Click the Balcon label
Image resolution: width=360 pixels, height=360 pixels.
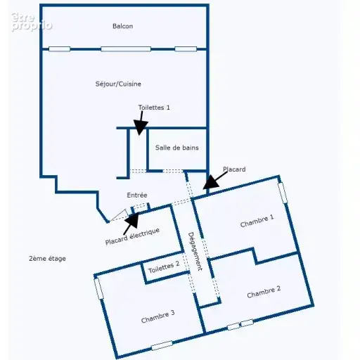(x=122, y=26)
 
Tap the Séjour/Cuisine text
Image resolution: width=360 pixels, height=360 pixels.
(x=118, y=84)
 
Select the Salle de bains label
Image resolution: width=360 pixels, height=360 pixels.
(x=177, y=148)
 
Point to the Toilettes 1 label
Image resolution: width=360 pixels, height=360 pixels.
(x=154, y=108)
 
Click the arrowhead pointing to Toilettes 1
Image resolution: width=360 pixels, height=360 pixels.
(x=141, y=127)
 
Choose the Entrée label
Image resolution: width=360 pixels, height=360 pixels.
(x=137, y=195)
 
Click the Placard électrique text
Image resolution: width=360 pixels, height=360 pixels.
(x=132, y=236)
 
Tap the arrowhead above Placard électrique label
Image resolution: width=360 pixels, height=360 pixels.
(x=132, y=220)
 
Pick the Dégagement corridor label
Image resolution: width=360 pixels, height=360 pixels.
(x=195, y=252)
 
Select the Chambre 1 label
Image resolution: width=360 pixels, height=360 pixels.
(x=257, y=221)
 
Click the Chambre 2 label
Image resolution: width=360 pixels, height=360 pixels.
(x=264, y=292)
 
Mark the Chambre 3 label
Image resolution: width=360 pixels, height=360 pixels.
(x=158, y=316)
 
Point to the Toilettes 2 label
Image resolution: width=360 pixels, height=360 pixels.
(x=164, y=267)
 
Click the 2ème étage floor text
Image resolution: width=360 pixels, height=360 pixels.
(x=47, y=259)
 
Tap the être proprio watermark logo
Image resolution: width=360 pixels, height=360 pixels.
(x=31, y=22)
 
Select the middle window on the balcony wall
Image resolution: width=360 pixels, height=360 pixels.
(x=126, y=49)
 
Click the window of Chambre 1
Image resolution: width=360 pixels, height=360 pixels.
(x=283, y=193)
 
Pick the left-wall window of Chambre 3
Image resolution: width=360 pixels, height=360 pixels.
(x=98, y=288)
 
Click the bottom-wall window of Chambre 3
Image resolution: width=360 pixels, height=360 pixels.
(x=162, y=345)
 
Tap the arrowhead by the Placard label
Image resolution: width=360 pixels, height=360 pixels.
(x=211, y=183)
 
